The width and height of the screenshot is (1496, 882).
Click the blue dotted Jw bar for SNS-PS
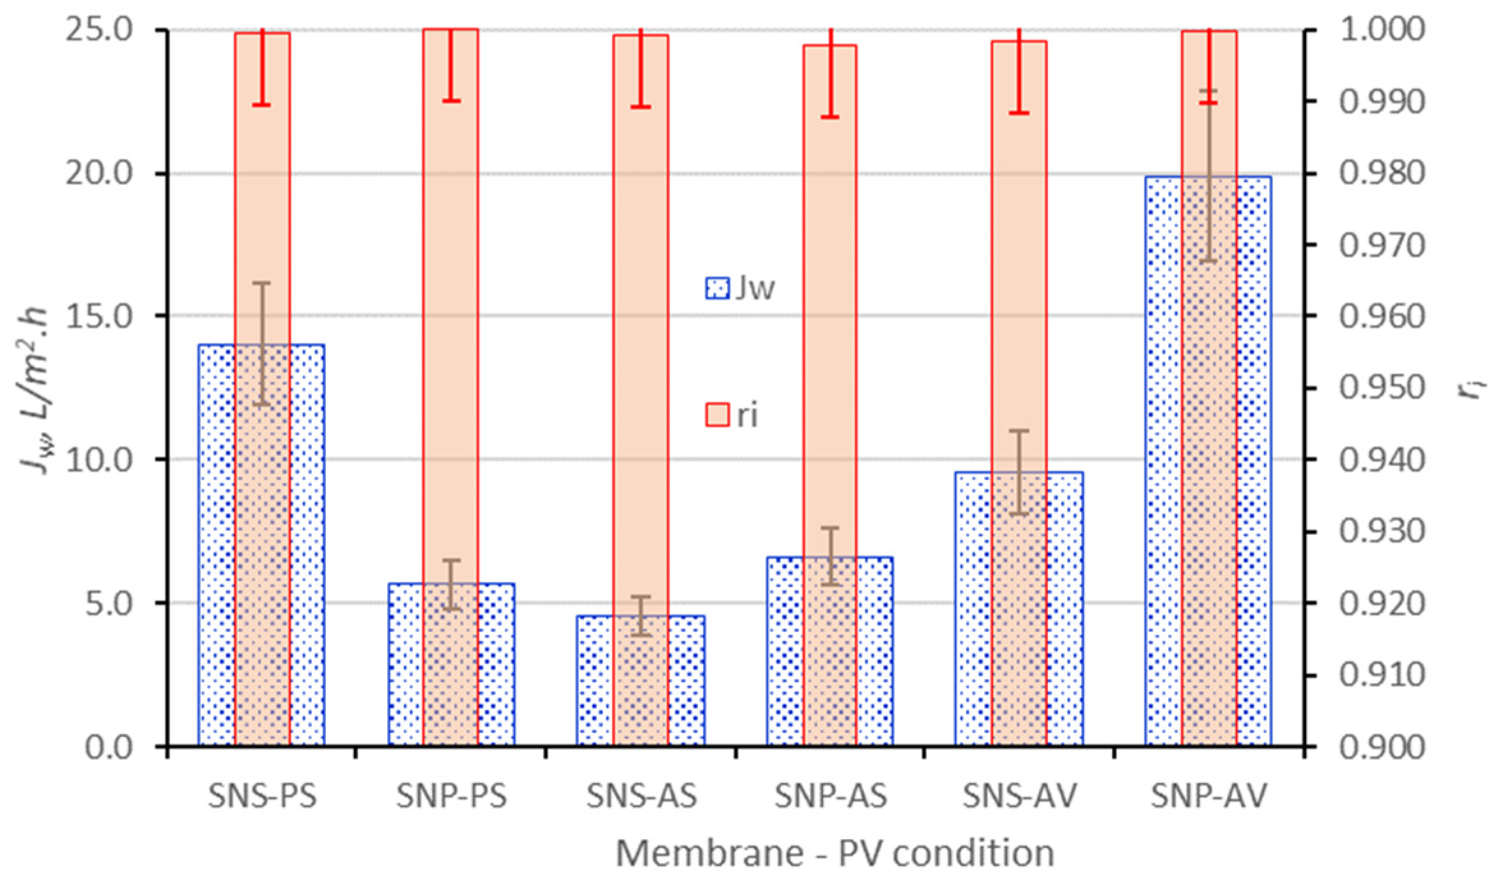click(216, 543)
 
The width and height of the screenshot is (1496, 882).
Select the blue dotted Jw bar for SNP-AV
click(1163, 460)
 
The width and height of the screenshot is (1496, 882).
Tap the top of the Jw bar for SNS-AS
click(641, 616)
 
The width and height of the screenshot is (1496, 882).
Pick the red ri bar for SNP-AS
click(829, 320)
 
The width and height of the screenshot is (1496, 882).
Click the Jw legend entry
click(740, 288)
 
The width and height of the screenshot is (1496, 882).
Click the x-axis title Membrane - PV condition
click(835, 853)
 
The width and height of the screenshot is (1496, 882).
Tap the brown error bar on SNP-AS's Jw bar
click(829, 556)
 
